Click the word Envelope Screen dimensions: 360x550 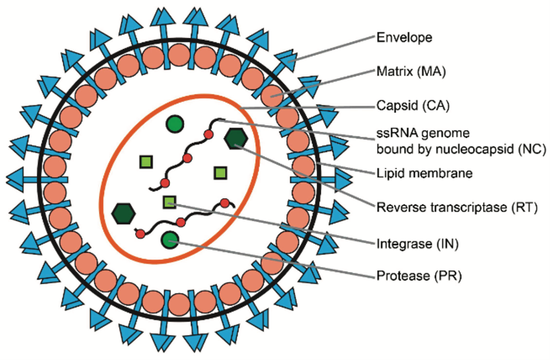(x=404, y=38)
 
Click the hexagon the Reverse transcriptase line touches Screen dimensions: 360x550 (x=235, y=139)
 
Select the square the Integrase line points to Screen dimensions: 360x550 (x=169, y=202)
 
